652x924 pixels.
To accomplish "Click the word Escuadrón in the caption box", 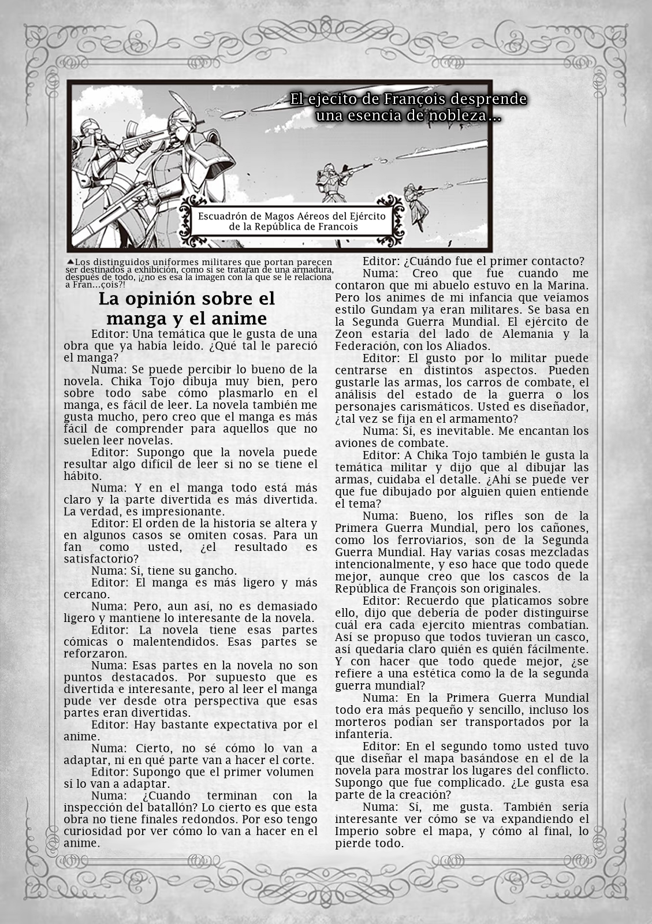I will pos(222,215).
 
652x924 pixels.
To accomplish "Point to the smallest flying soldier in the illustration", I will pos(419,200).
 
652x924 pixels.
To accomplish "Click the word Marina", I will pos(565,285).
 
